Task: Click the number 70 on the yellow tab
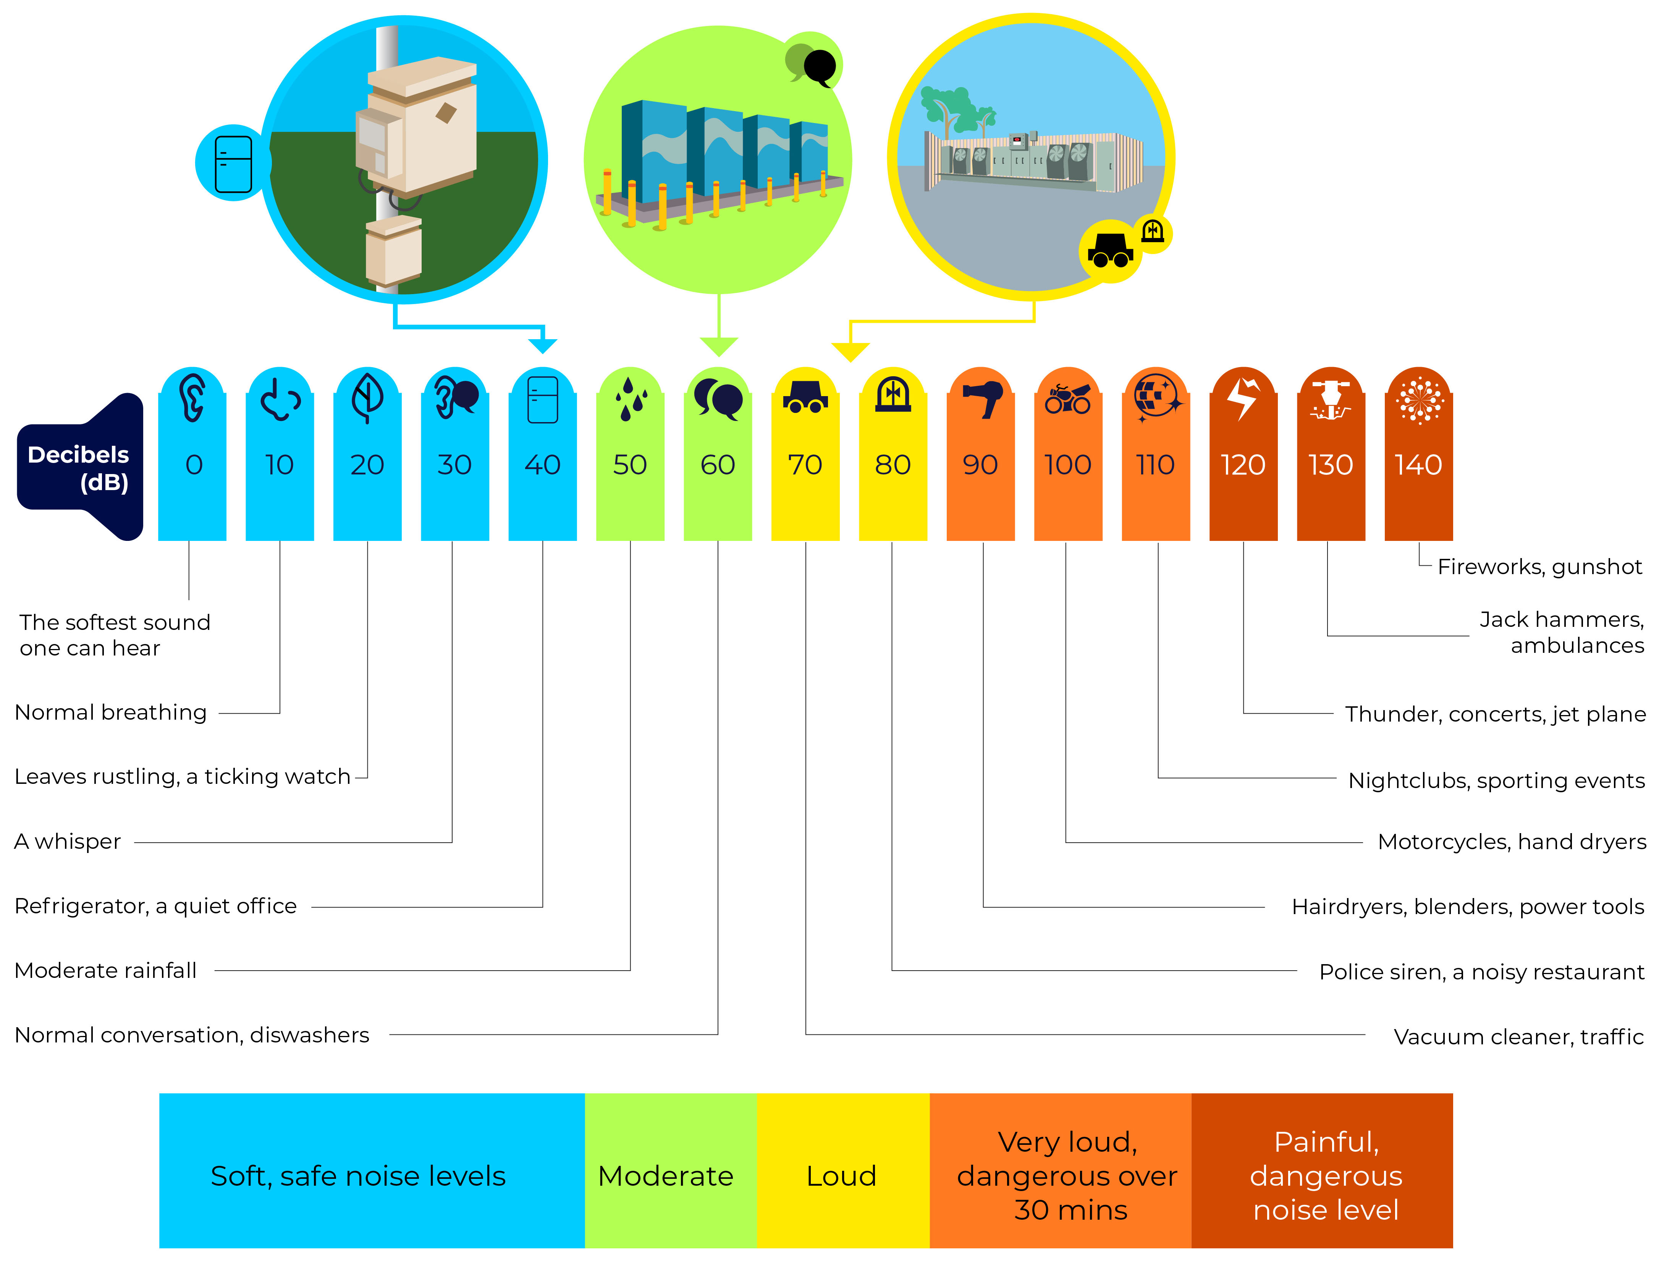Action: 805,465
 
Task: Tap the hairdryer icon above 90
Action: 981,399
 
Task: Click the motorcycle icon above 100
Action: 1068,399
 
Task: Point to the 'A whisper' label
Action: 68,841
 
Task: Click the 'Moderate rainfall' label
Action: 106,971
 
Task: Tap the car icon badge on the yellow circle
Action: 1110,251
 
